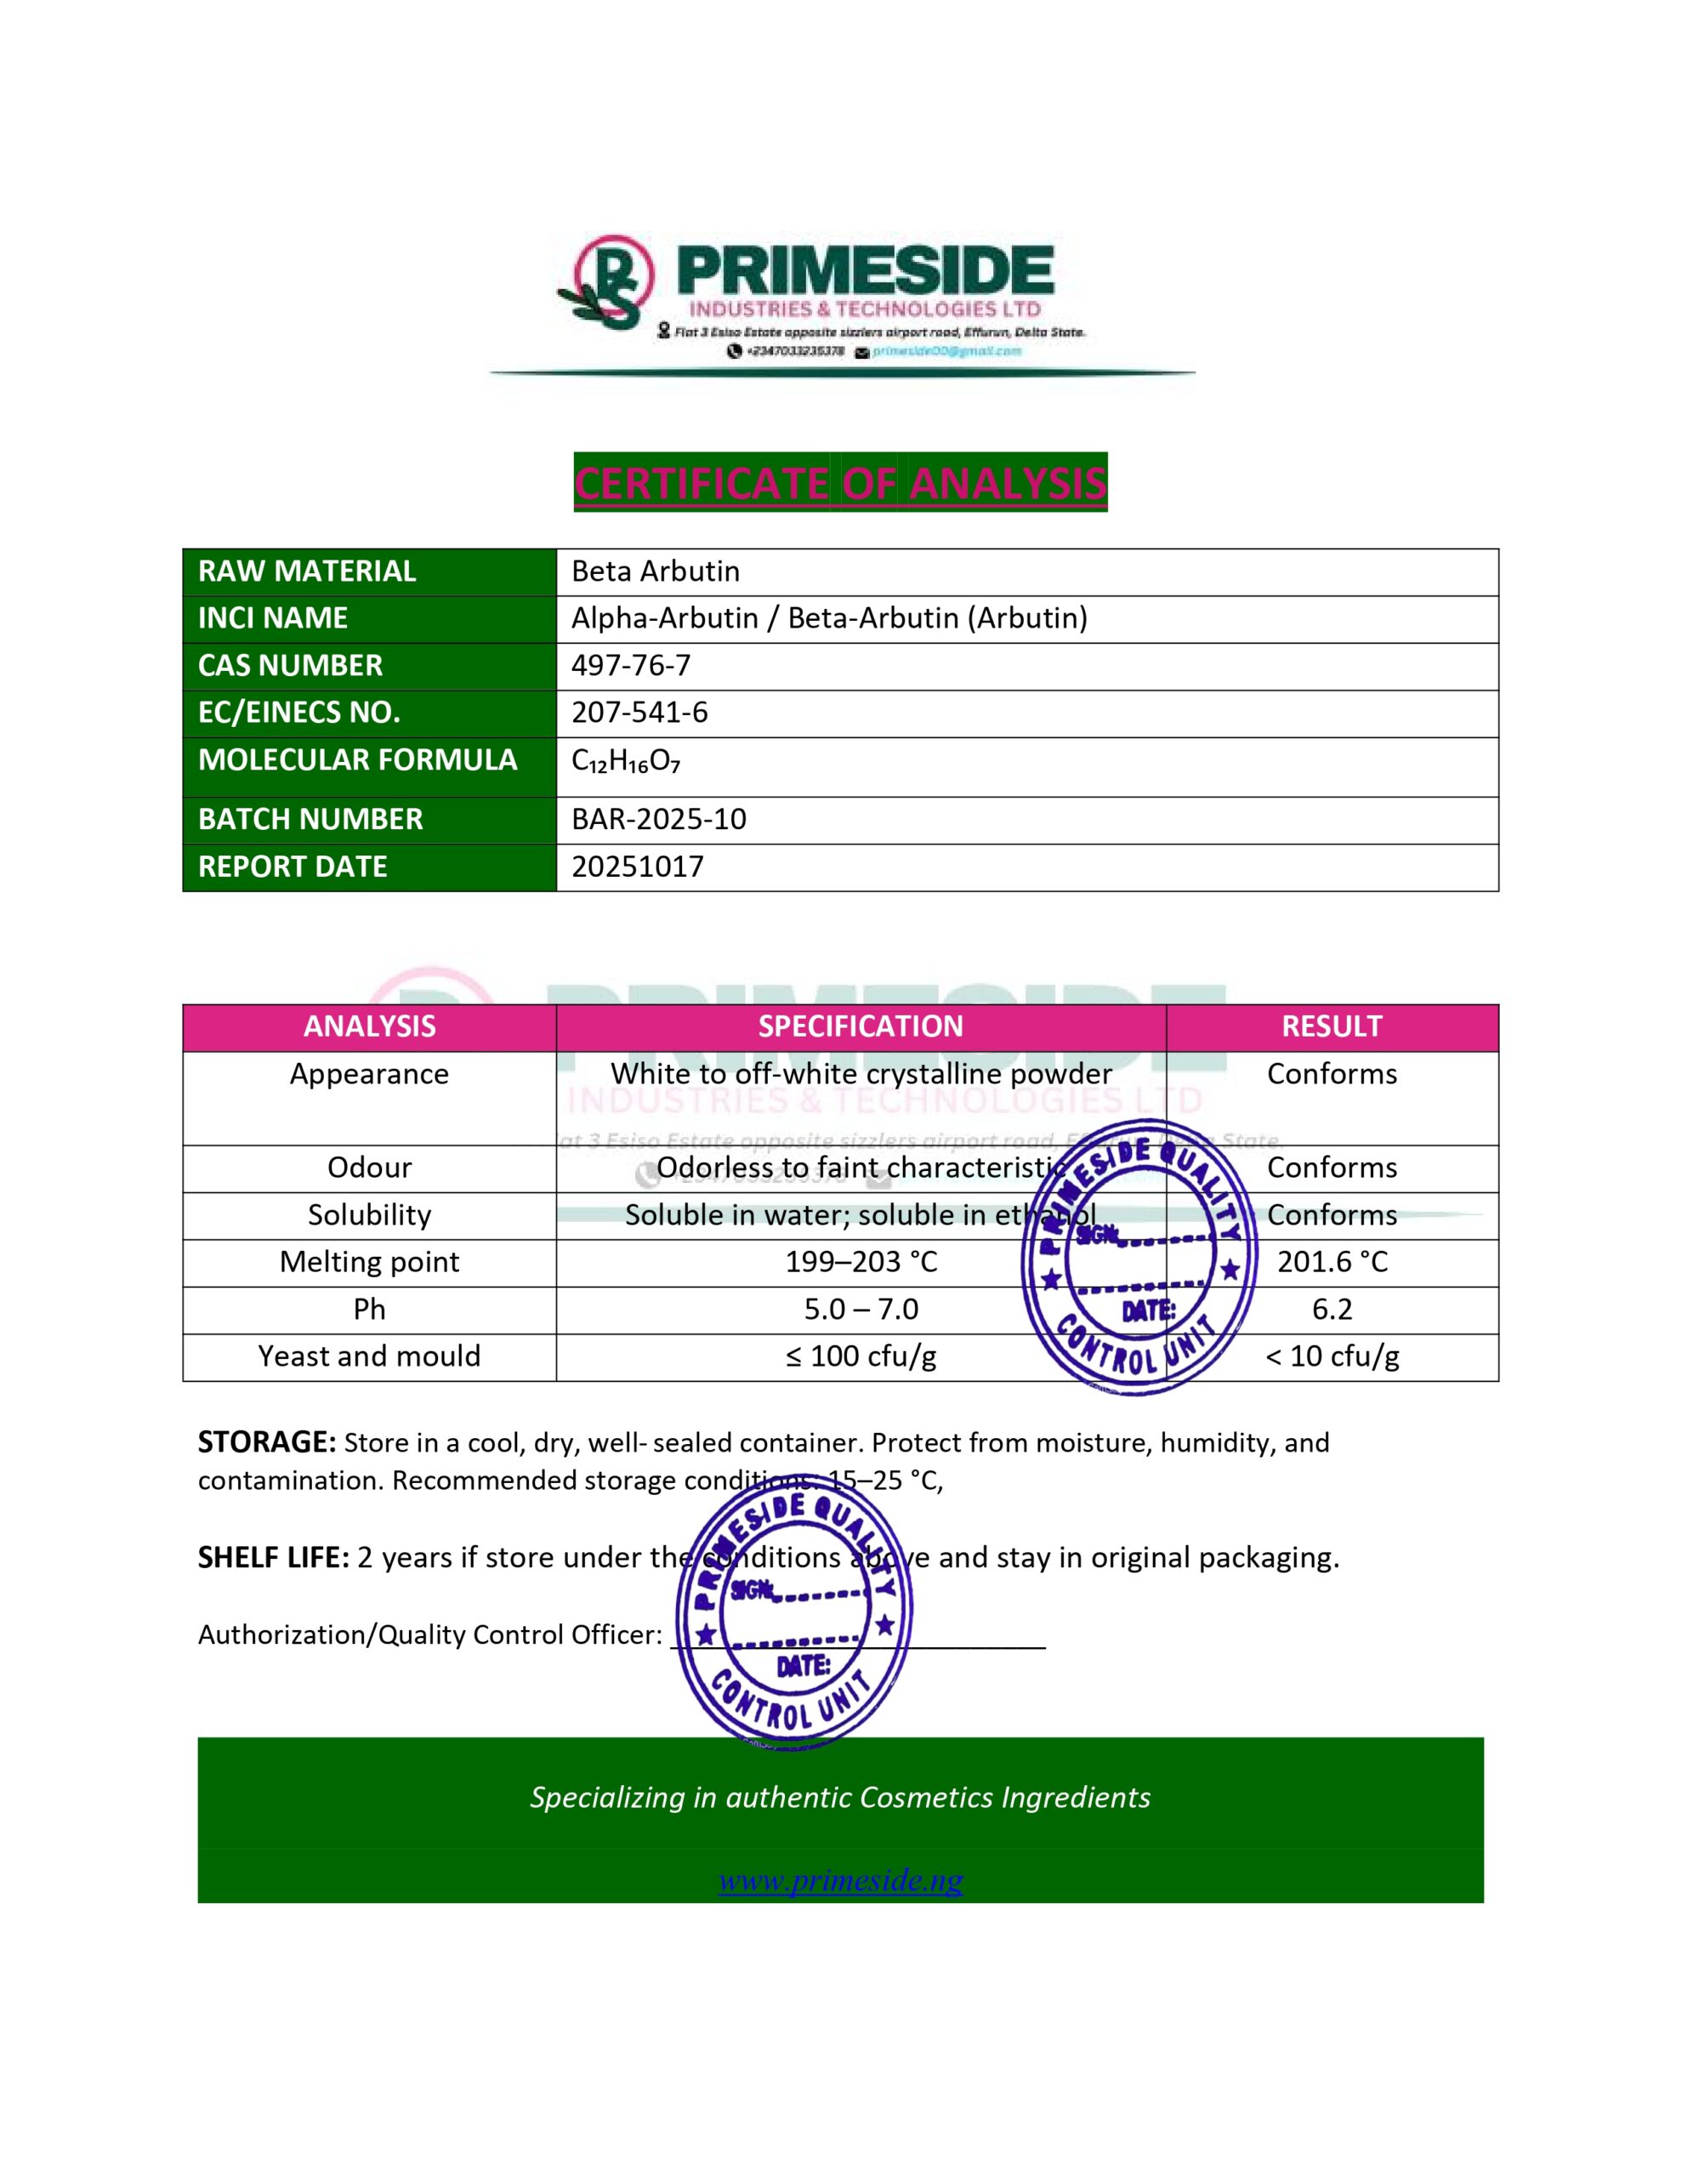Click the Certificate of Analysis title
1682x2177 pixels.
coord(839,483)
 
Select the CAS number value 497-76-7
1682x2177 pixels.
coord(630,665)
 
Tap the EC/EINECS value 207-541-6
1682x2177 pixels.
coord(639,713)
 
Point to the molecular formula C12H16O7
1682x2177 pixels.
coord(626,762)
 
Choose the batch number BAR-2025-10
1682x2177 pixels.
coord(658,820)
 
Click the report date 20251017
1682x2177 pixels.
coord(637,867)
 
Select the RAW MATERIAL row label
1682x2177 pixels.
coord(307,571)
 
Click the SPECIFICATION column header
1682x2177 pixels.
coord(861,1026)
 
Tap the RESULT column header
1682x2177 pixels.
coord(1331,1026)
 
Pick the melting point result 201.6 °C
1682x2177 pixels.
coord(1332,1262)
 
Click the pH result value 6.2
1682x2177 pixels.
coord(1332,1309)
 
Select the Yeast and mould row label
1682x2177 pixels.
coord(369,1356)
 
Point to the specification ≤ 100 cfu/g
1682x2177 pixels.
coord(861,1356)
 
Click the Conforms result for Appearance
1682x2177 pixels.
coord(1332,1075)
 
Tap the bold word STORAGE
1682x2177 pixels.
coord(266,1442)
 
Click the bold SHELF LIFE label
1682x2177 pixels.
coord(273,1558)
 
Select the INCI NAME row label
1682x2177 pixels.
coord(273,618)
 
